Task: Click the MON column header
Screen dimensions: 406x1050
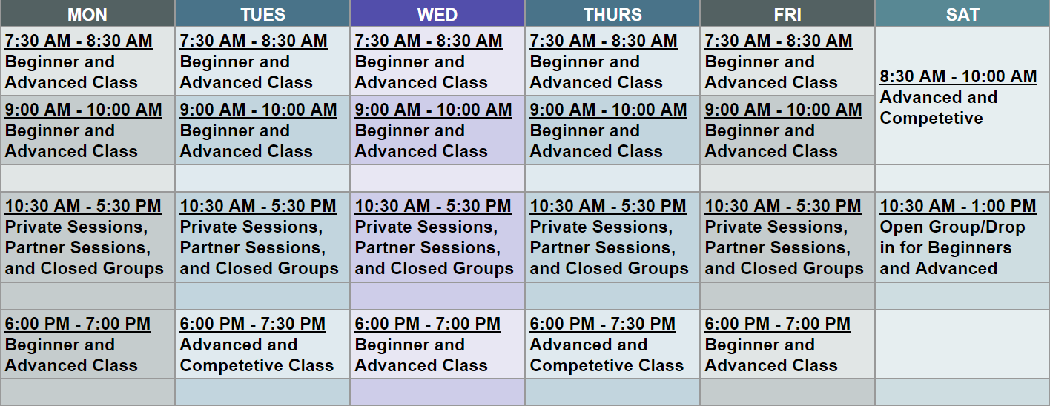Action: pyautogui.click(x=87, y=14)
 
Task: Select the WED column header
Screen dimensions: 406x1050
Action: pyautogui.click(x=437, y=14)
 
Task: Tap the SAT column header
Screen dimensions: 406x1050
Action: pyautogui.click(x=962, y=14)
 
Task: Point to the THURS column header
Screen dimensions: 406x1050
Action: pyautogui.click(x=612, y=14)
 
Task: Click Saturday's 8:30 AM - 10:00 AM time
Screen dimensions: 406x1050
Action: pyautogui.click(x=958, y=76)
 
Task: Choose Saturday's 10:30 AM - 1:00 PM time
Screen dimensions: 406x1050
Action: pyautogui.click(x=958, y=206)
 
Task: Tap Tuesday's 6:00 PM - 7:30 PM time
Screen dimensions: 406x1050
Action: pyautogui.click(x=253, y=324)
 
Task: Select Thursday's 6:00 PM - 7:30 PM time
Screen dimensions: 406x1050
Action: pyautogui.click(x=603, y=324)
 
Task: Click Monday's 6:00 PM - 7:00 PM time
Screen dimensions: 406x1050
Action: pyautogui.click(x=78, y=324)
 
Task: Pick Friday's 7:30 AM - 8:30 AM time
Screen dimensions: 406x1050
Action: pyautogui.click(x=779, y=41)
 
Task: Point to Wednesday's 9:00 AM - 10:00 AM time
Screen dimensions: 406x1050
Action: pyautogui.click(x=434, y=110)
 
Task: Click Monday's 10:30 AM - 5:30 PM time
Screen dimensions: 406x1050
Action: pyautogui.click(x=83, y=206)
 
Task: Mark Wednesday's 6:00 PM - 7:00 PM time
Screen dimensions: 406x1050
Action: pyautogui.click(x=428, y=324)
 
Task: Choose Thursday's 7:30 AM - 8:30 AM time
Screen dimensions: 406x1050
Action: pyautogui.click(x=604, y=41)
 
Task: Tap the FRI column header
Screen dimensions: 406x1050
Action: pyautogui.click(x=787, y=14)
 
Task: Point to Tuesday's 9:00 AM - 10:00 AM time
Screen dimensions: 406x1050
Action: pyautogui.click(x=259, y=110)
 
